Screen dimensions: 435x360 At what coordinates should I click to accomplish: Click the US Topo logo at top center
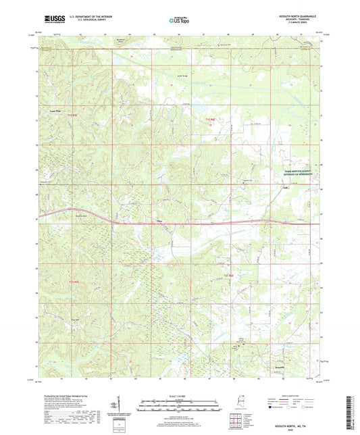coord(179,20)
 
